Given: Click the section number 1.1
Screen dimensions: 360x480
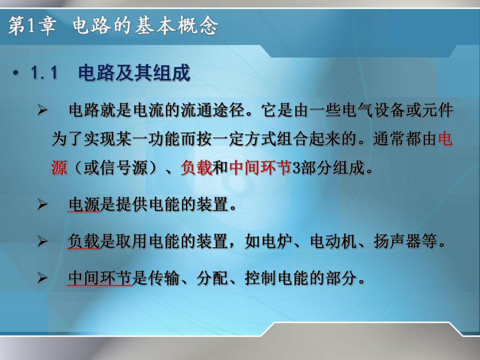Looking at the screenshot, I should [x=44, y=74].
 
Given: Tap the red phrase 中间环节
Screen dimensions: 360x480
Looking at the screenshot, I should [x=259, y=168].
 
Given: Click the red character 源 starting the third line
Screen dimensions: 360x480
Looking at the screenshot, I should [x=60, y=168].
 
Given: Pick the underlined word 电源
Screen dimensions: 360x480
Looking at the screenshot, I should [x=84, y=205].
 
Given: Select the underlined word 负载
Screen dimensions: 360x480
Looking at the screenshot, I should [x=84, y=242].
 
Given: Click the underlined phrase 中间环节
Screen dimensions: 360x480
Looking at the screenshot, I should [x=100, y=279].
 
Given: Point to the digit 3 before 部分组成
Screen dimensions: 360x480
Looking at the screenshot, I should [x=295, y=169].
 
